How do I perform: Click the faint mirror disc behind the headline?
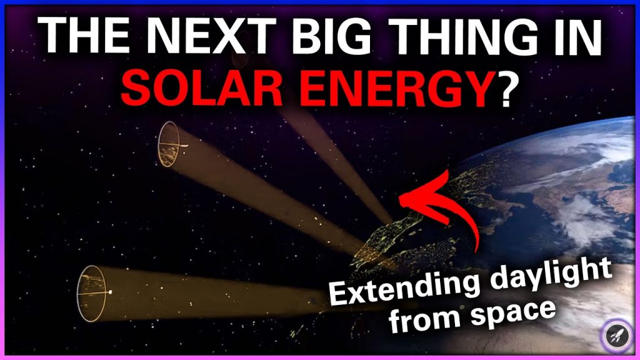pos(239,59)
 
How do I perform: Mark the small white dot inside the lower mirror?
pos(111,292)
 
